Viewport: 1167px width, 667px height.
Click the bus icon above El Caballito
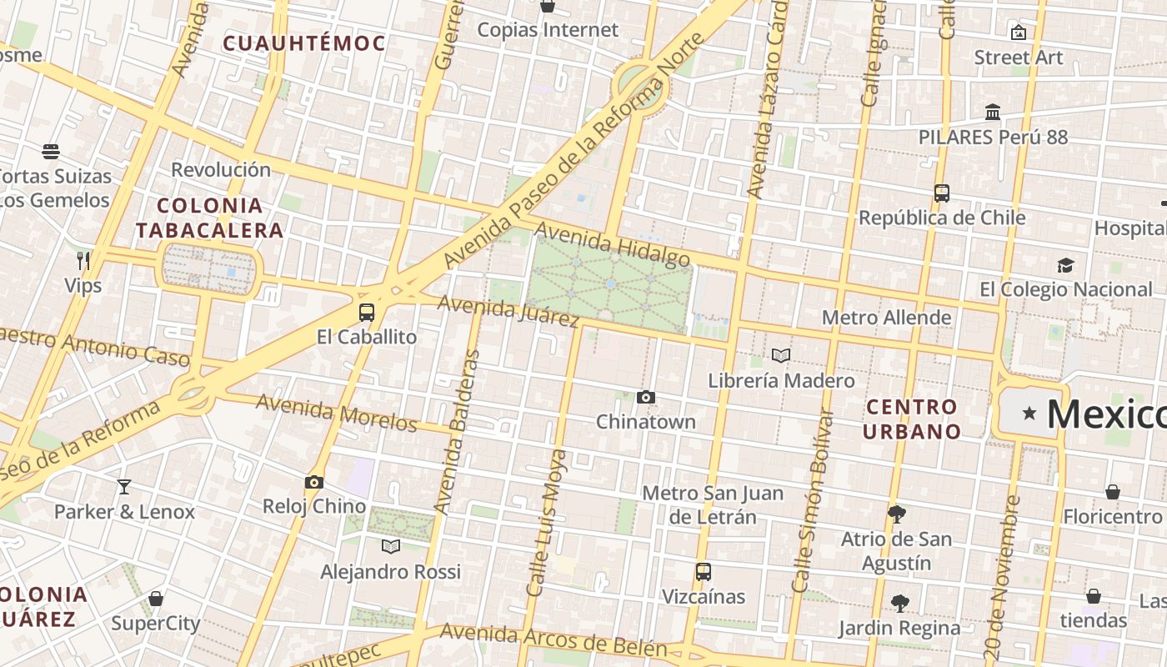point(366,313)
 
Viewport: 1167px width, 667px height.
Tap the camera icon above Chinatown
point(646,398)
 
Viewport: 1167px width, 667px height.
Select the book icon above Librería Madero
point(781,356)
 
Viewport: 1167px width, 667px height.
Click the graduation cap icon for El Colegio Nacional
point(1065,265)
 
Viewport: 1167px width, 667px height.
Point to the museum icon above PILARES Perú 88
point(993,112)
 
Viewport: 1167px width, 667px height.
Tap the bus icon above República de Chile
point(942,193)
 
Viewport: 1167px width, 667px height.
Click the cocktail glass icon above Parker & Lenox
point(124,487)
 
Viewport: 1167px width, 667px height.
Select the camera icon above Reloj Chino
point(314,482)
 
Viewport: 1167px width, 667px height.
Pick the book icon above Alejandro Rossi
point(391,547)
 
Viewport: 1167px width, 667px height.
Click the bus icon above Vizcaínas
point(704,572)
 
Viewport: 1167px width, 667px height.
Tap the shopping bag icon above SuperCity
point(156,599)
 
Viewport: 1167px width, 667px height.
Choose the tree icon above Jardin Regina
point(899,603)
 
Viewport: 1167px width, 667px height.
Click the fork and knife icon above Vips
point(83,261)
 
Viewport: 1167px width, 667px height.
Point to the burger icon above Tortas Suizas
point(51,152)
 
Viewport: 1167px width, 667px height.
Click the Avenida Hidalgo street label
point(613,243)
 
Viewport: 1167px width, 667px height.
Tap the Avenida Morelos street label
point(337,413)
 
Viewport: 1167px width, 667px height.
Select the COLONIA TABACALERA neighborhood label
point(209,218)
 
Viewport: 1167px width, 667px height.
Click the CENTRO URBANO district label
point(911,419)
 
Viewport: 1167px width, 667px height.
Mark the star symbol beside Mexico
point(1029,413)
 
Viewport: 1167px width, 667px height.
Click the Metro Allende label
point(886,318)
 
